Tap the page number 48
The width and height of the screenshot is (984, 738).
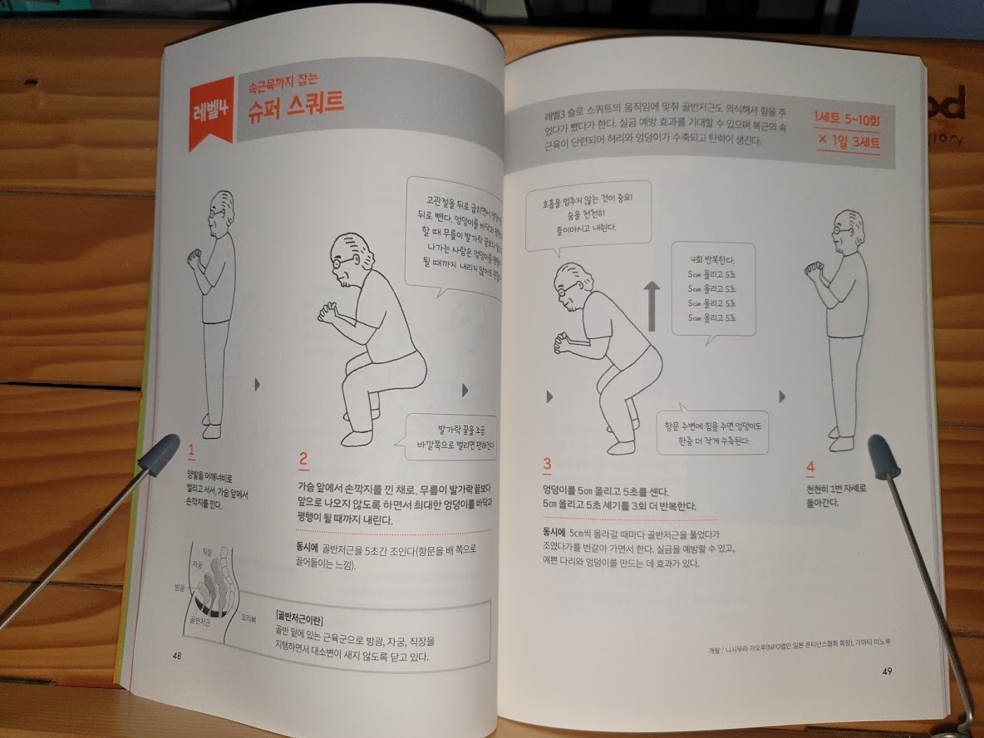[x=177, y=655]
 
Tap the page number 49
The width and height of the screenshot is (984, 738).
[x=888, y=671]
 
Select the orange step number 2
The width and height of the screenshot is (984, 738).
[x=303, y=459]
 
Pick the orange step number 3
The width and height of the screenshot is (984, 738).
[x=547, y=465]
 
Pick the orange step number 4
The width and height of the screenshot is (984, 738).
[x=810, y=468]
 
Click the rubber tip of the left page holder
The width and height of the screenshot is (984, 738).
[x=160, y=454]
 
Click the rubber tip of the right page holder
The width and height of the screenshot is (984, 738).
[x=883, y=456]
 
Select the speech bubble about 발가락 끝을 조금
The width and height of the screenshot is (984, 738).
[x=450, y=438]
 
